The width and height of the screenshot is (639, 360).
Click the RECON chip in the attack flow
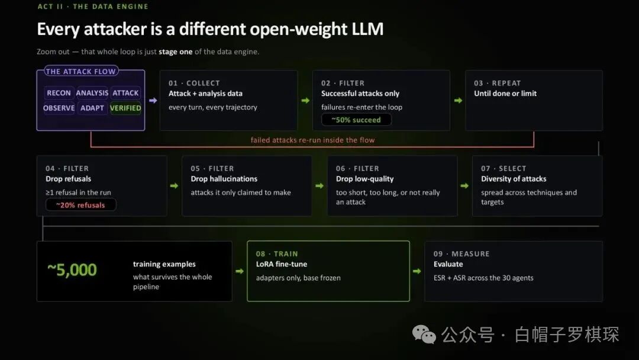pos(59,93)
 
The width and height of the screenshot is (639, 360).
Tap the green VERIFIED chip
pos(125,108)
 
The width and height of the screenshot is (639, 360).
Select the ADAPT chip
pos(92,108)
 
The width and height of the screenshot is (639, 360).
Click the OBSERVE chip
pos(59,108)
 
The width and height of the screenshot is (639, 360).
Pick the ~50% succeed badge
pos(356,120)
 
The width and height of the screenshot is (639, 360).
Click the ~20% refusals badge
pos(80,205)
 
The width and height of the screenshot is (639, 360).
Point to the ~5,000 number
pos(72,270)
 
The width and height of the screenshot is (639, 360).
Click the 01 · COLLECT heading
pos(194,83)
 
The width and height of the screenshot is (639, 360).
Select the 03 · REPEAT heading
pos(497,83)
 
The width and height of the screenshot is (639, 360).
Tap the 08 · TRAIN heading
pos(277,254)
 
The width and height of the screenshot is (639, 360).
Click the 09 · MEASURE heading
pos(461,254)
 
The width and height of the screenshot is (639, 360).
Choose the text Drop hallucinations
pos(224,179)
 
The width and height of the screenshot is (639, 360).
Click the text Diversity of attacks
pos(514,179)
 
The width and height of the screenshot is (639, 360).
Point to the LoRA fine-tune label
pos(282,264)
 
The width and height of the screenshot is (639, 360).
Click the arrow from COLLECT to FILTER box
pos(305,100)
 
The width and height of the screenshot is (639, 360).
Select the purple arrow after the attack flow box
pos(153,100)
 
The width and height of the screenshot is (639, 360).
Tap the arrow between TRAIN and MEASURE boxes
pos(417,271)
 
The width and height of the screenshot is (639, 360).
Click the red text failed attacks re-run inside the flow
pos(312,140)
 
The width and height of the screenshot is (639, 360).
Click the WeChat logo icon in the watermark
pos(424,335)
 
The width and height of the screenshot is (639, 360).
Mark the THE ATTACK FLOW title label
pos(80,71)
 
